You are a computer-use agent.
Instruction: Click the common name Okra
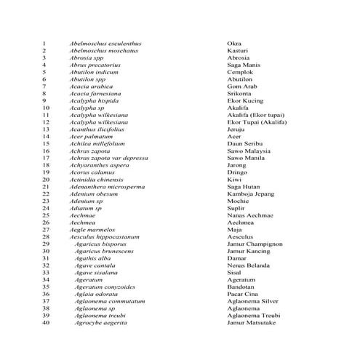tap(234, 44)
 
